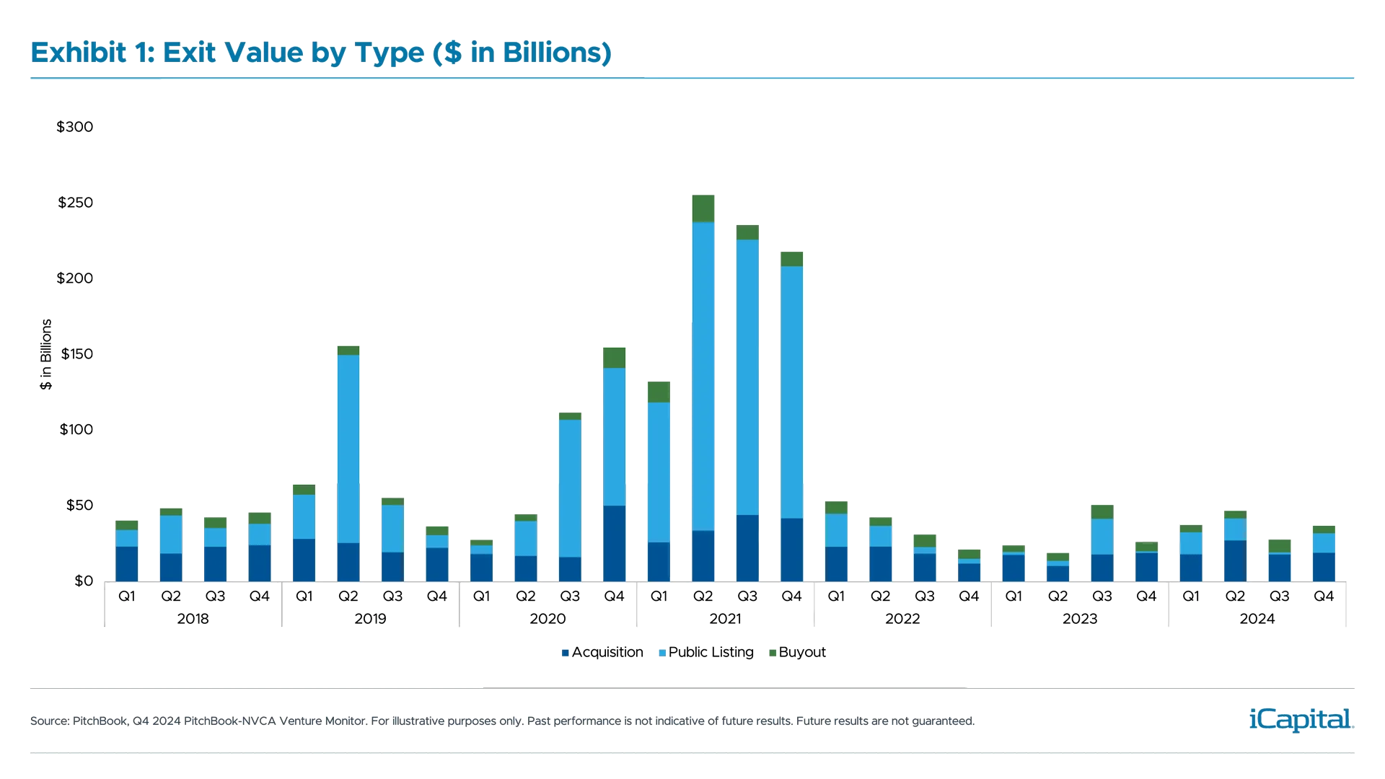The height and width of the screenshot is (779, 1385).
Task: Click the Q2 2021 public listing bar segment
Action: point(703,375)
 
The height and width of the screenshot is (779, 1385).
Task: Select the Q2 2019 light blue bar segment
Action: point(348,447)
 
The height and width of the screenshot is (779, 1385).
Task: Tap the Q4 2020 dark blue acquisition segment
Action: point(614,542)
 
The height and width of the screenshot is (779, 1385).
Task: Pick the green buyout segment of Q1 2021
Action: point(659,392)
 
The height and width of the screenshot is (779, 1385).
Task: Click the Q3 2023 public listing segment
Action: point(1102,536)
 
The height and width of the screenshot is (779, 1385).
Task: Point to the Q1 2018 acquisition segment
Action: point(127,563)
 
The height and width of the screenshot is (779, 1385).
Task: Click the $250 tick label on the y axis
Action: point(75,203)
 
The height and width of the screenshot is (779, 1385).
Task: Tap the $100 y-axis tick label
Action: point(76,430)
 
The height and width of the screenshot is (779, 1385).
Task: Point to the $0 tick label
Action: point(84,581)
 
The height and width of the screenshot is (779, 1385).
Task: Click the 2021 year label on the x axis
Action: point(726,619)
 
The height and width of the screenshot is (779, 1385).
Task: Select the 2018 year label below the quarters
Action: point(193,619)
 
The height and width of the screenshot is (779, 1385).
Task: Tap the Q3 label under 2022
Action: point(925,597)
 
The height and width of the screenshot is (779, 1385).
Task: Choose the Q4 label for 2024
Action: point(1324,597)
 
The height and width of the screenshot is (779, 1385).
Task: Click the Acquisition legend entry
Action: point(602,652)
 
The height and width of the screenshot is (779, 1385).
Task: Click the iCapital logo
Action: point(1298,719)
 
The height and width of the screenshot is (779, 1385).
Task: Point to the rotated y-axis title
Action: point(46,354)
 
